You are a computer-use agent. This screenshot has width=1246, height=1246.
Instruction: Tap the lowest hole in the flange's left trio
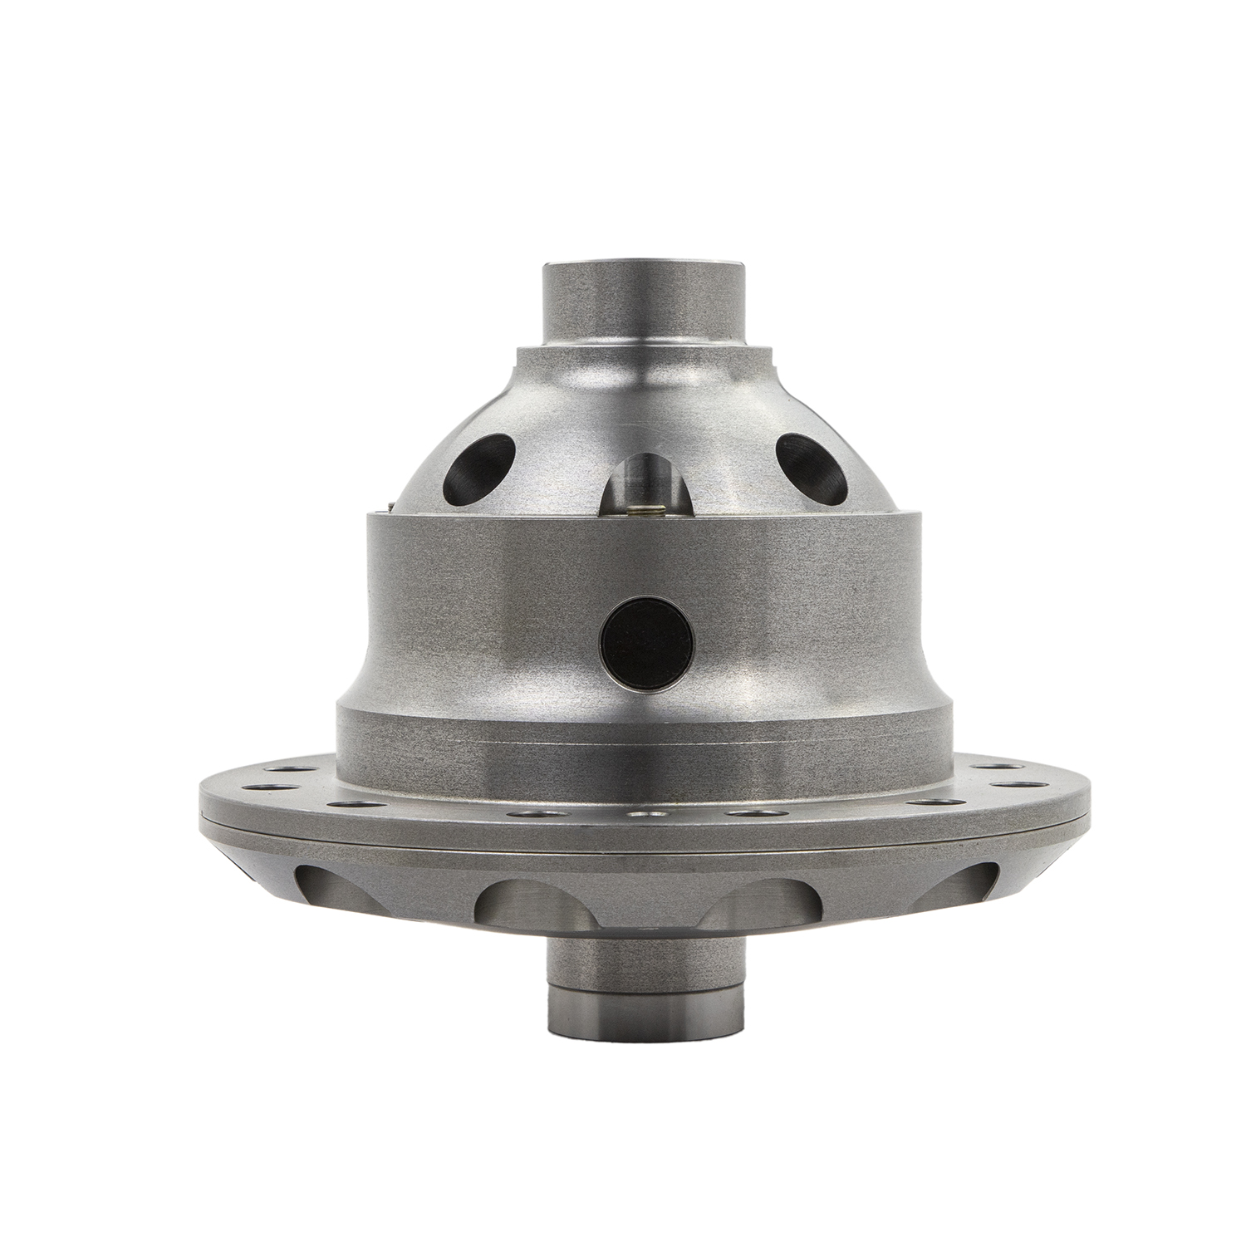tap(341, 804)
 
